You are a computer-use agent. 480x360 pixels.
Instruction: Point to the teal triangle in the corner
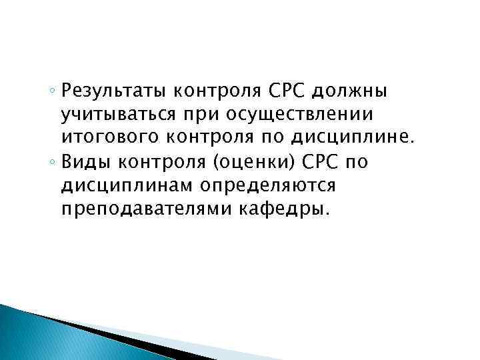40,333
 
